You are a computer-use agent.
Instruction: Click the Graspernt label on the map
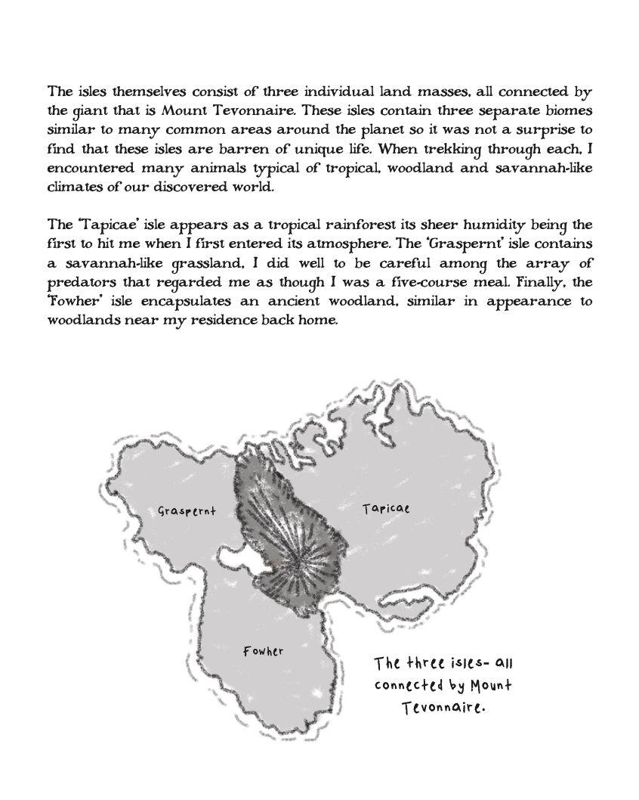point(187,510)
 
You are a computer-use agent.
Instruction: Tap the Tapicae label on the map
point(385,508)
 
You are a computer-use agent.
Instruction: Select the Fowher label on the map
point(264,650)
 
